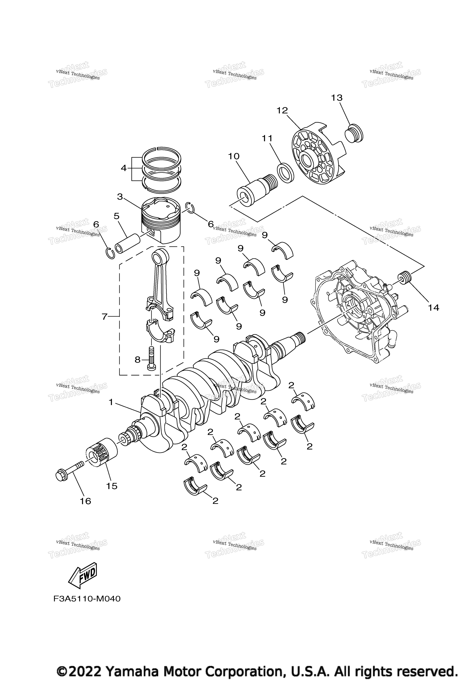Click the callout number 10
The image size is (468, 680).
(x=234, y=157)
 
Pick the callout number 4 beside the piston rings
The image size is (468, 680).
(x=123, y=168)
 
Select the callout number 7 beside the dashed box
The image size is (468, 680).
(x=104, y=317)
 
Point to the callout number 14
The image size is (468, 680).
(x=433, y=308)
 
